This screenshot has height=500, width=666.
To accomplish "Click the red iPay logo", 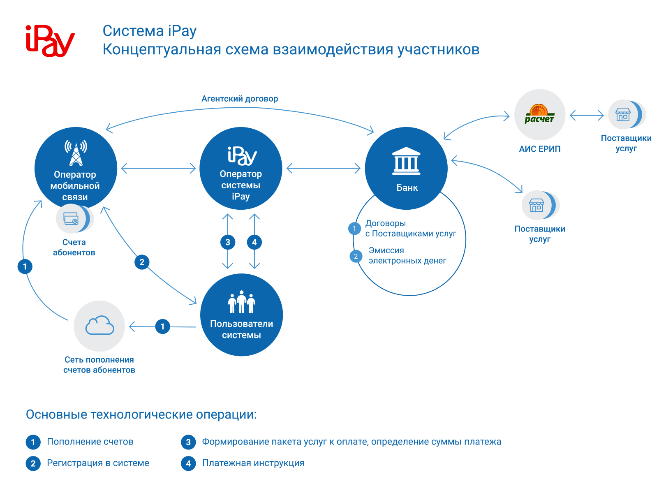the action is (x=50, y=41).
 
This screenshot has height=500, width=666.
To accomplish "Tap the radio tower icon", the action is (x=76, y=153).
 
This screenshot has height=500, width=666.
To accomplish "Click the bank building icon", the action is (x=406, y=161).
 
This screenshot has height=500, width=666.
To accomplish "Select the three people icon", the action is (x=241, y=302).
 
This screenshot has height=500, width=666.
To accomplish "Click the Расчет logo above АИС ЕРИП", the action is (x=539, y=114).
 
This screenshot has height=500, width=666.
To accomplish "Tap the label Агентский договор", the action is (x=240, y=99).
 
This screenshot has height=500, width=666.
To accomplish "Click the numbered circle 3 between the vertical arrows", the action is (x=228, y=242).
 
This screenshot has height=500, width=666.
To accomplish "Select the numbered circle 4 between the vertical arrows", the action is (x=254, y=242).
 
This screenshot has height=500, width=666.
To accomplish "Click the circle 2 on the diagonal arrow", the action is (x=142, y=262).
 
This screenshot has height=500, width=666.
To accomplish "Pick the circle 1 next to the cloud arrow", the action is (x=163, y=326).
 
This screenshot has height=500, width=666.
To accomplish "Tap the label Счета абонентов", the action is (x=74, y=247).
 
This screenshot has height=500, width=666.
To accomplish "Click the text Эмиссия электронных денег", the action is (x=407, y=255).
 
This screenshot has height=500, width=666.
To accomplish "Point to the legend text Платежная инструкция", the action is (x=253, y=463).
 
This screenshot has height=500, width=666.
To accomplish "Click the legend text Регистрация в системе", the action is (x=98, y=463).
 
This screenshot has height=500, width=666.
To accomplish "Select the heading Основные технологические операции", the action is (x=141, y=414).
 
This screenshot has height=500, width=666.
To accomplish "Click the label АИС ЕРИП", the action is (x=540, y=149).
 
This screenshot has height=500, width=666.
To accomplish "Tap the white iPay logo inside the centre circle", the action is (x=242, y=156).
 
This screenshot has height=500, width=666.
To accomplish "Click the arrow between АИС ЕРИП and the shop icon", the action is (x=587, y=115).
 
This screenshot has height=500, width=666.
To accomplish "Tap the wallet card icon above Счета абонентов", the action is (x=71, y=218).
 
